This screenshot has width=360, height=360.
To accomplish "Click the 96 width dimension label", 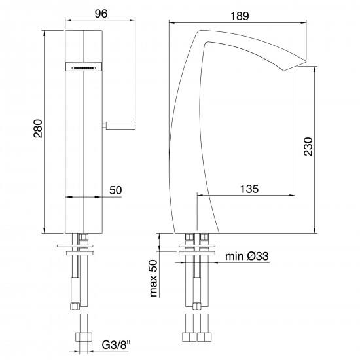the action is pos(101,14).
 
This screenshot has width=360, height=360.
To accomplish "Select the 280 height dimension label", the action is pos(38,128).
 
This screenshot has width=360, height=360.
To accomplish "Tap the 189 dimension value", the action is pos(240,16).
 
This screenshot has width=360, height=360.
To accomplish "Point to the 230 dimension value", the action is pos(308,147).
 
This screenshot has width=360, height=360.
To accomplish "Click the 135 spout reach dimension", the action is pos(249,189).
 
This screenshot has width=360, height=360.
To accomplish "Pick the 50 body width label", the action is pos(115,190).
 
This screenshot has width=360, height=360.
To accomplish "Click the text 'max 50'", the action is pos(154,278).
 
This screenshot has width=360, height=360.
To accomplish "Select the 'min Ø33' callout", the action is pos(247,256).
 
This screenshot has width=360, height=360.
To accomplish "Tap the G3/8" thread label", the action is pos(116,344).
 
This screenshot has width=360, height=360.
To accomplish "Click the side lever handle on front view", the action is pos(118,126).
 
